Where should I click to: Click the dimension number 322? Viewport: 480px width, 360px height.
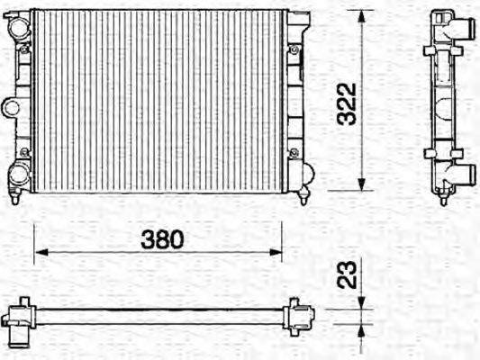353,103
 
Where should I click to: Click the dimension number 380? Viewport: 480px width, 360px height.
163,239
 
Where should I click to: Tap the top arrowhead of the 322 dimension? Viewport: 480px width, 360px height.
362,15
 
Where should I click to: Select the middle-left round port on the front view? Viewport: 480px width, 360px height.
11,108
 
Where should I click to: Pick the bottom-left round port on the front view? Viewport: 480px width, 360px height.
18,174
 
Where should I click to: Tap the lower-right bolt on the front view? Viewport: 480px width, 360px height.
294,151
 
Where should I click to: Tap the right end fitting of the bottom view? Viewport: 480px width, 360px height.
296,315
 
